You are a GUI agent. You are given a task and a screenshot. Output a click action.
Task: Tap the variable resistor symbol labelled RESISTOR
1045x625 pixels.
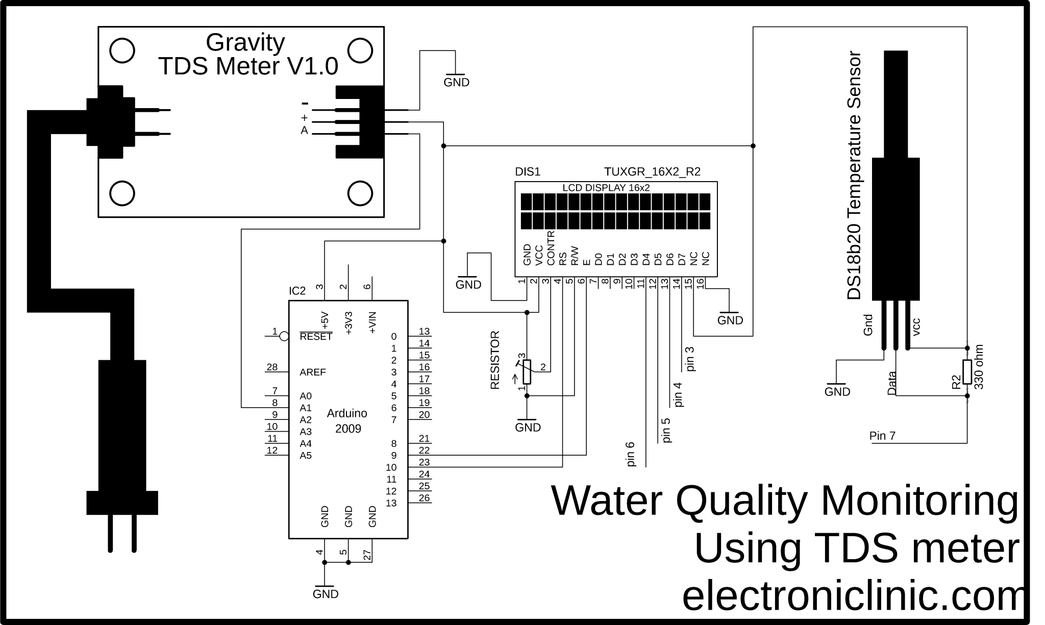527,371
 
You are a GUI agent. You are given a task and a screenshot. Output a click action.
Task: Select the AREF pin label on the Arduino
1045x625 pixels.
312,372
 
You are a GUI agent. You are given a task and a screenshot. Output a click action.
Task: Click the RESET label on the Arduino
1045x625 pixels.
316,337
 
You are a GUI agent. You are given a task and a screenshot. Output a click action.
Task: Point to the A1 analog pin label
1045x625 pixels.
305,408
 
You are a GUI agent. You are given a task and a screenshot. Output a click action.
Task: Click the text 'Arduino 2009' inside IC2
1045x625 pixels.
347,421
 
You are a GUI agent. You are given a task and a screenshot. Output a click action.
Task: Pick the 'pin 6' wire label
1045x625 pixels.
630,454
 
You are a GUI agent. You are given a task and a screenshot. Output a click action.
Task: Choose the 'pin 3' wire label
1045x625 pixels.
690,359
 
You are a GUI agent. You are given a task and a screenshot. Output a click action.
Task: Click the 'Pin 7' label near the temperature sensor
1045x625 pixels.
882,436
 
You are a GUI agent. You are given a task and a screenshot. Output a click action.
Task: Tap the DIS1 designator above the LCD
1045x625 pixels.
527,172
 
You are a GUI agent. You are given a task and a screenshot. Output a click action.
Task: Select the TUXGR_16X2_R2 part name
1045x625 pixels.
652,172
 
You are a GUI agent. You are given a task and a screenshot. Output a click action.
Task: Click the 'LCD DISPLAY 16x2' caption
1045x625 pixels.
606,188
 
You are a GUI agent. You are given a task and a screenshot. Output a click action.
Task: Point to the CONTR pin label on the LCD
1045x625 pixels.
551,248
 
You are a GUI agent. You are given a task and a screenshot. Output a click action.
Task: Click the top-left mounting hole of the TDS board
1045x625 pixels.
122,51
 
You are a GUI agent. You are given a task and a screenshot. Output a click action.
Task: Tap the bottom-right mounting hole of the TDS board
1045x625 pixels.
360,193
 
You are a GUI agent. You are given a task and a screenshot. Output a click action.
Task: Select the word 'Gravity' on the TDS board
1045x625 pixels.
245,43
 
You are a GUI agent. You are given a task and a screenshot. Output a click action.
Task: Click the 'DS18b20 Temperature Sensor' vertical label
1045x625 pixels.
854,176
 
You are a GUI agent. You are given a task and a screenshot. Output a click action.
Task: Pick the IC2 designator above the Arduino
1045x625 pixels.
297,291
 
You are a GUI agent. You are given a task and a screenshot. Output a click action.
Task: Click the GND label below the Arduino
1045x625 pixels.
325,594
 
